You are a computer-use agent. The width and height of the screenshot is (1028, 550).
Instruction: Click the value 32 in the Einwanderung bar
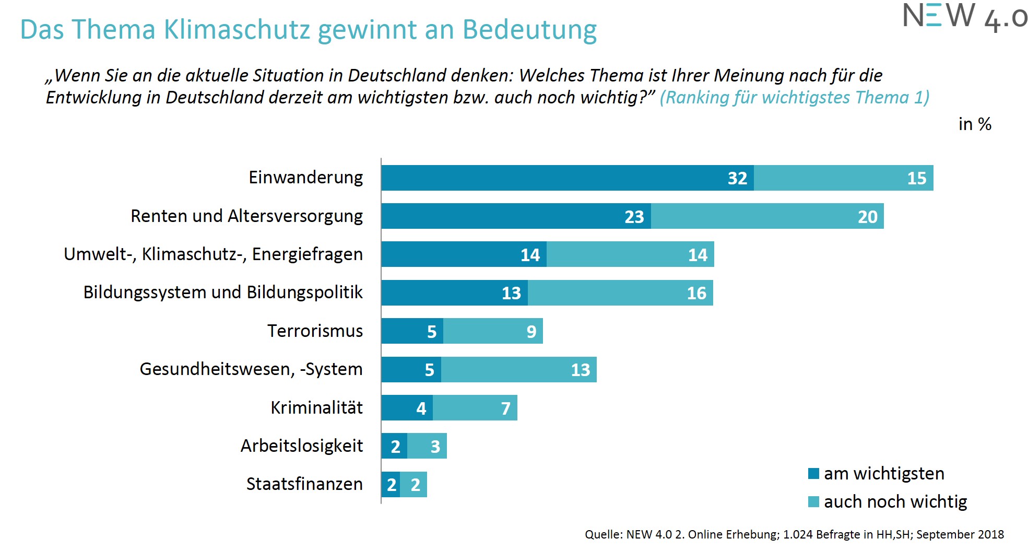737,179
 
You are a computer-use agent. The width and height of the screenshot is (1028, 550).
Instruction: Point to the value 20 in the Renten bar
867,217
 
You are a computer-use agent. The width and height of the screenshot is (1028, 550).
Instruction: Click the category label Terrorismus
315,331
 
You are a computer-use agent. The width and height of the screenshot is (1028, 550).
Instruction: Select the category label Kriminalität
316,408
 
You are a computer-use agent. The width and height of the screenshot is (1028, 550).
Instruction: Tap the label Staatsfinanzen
304,484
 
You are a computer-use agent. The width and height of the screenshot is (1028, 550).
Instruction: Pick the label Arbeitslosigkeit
302,446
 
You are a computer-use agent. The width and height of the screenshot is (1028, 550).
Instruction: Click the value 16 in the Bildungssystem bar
696,294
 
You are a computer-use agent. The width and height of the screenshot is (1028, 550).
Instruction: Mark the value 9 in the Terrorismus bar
531,332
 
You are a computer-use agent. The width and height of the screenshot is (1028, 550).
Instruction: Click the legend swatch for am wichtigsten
813,474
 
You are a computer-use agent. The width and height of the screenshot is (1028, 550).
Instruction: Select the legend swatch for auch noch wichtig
813,502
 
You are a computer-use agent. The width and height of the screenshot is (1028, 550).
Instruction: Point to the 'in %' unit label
974,124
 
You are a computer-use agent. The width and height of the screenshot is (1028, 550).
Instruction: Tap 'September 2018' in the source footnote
960,534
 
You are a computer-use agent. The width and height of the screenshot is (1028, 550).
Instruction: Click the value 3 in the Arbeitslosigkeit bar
435,447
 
